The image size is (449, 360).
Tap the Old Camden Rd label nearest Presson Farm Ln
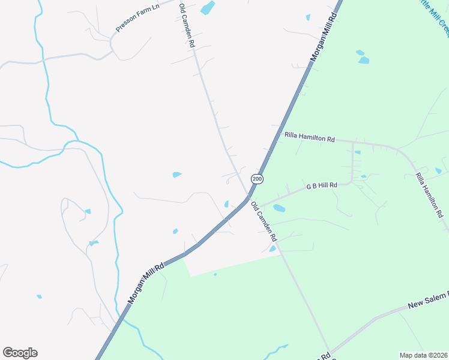(x=187, y=25)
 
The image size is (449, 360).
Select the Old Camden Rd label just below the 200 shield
(x=264, y=222)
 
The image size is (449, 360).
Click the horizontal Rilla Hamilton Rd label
(x=309, y=138)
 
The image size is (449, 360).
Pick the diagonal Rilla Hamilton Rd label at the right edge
(x=430, y=195)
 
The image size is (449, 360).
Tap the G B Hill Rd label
(x=322, y=186)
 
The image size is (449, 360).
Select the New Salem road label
(x=428, y=302)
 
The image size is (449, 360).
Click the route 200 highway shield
(x=257, y=179)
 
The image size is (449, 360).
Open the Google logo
(x=20, y=353)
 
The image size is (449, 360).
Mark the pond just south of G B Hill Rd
(x=279, y=209)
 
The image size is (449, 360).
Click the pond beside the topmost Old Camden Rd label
(x=207, y=8)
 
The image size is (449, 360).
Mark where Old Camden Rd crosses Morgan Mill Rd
(x=248, y=196)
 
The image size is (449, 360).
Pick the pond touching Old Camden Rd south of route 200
(x=273, y=248)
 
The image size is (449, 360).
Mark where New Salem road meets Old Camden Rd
(x=328, y=353)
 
